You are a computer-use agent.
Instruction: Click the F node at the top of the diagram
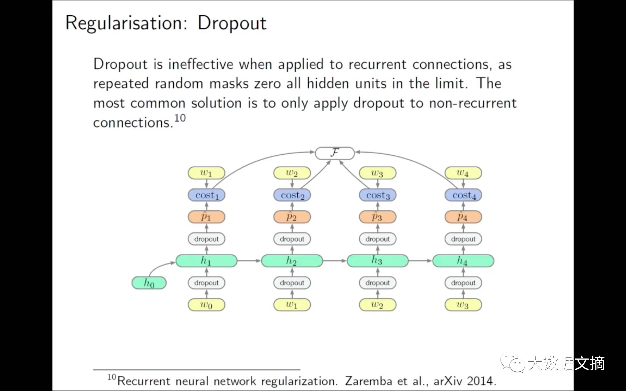(x=335, y=153)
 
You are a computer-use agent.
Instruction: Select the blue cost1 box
(x=206, y=195)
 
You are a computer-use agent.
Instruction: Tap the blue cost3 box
(x=378, y=195)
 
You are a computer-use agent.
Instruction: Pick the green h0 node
(x=149, y=283)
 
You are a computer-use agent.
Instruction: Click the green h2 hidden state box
(x=292, y=261)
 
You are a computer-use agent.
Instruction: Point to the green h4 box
(x=463, y=261)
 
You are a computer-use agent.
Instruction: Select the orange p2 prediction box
(x=292, y=217)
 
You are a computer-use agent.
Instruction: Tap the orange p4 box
(x=463, y=217)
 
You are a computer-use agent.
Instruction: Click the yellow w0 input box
(x=206, y=305)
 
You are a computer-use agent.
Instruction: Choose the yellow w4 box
(x=463, y=173)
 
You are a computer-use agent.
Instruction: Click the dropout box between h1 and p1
(x=206, y=239)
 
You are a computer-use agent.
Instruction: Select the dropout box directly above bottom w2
(x=378, y=283)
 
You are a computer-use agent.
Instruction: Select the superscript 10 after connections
(x=180, y=118)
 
